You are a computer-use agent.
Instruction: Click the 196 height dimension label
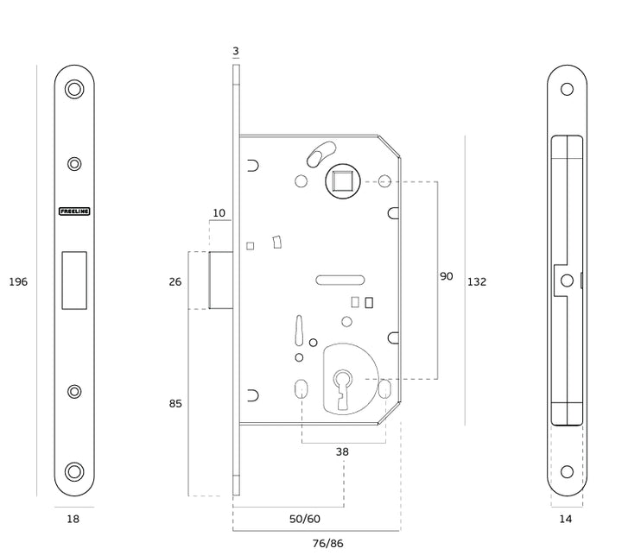[18, 282]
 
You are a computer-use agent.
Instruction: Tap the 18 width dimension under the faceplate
[73, 519]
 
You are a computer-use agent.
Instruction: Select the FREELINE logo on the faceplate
[74, 211]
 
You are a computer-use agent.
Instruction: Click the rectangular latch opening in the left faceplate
[74, 280]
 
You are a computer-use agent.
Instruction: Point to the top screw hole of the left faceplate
[74, 89]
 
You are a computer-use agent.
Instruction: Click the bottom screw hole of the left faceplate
[74, 471]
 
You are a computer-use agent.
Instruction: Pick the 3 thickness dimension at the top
[236, 52]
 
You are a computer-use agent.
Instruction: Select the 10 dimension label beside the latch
[219, 212]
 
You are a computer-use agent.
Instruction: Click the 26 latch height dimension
[175, 281]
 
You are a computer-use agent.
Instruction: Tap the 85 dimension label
[175, 403]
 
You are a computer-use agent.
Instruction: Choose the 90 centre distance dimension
[446, 276]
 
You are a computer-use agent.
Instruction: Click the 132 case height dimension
[476, 281]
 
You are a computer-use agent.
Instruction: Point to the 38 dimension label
[342, 451]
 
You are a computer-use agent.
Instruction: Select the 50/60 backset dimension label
[304, 519]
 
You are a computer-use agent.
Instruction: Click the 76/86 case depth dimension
[327, 543]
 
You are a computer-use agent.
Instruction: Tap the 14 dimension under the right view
[566, 519]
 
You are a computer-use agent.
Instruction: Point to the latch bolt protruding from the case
[221, 280]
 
